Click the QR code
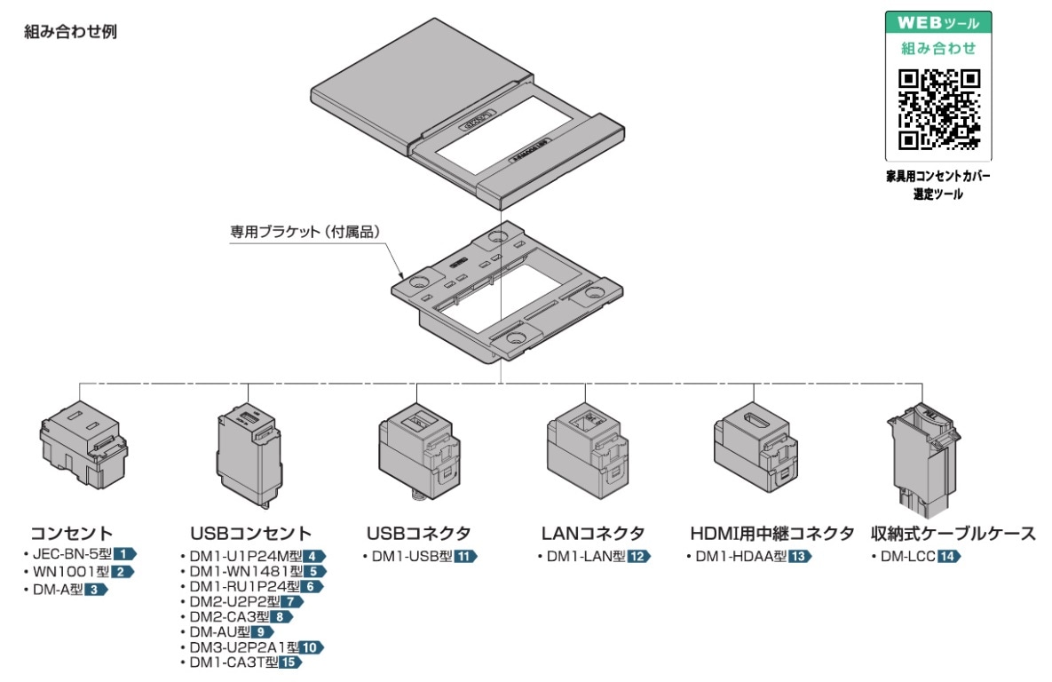click(938, 109)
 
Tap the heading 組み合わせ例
click(73, 32)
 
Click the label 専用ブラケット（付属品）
click(305, 232)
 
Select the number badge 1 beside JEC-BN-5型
click(123, 554)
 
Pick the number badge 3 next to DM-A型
click(95, 589)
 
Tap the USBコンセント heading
click(251, 534)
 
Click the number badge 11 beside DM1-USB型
click(465, 557)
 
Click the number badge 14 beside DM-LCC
click(948, 557)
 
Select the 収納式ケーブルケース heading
click(953, 534)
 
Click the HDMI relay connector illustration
click(756, 451)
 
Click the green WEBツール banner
click(938, 21)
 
